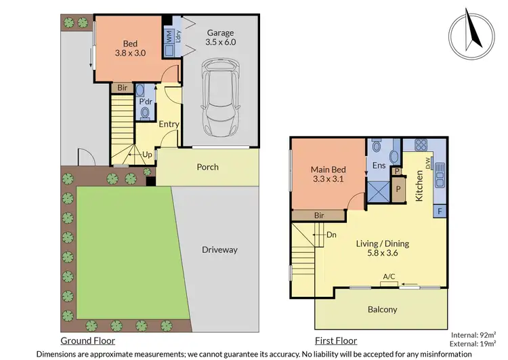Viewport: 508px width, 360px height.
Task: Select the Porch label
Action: tap(207, 167)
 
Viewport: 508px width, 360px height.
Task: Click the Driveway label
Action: tap(219, 249)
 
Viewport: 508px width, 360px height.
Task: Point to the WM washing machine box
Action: tap(169, 38)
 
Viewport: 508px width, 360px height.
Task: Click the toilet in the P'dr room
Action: tap(144, 111)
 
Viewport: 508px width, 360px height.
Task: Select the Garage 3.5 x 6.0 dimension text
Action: tap(219, 37)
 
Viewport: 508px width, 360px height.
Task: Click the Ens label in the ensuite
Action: tap(379, 165)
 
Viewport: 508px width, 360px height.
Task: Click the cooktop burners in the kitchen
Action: tap(419, 144)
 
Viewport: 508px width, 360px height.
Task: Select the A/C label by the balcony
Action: tap(389, 277)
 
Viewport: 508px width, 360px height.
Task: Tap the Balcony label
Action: tap(381, 310)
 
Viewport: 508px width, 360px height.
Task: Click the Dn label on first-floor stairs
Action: tap(331, 235)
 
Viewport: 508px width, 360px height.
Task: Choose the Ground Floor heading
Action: tap(87, 341)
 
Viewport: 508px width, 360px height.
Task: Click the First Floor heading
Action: tap(335, 341)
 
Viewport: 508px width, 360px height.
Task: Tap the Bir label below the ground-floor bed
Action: tap(122, 87)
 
